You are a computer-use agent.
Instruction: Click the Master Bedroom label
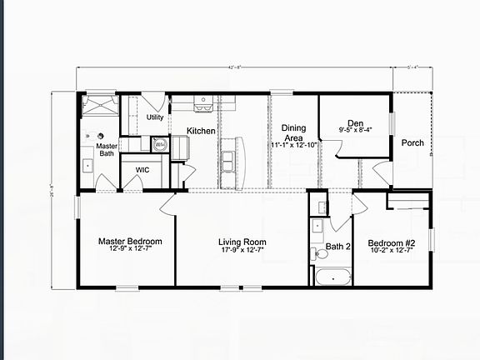click(129, 242)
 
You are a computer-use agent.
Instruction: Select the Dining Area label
click(293, 132)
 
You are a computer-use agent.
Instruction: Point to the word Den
click(355, 122)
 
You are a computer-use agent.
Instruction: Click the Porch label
click(412, 142)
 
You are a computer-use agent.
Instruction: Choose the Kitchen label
click(201, 131)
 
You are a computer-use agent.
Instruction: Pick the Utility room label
click(155, 117)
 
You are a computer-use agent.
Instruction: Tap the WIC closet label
click(142, 169)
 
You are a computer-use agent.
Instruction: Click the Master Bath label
click(106, 149)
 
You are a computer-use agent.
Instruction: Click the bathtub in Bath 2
click(332, 276)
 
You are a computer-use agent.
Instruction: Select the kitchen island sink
click(229, 156)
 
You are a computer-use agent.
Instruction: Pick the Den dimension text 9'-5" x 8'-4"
click(356, 130)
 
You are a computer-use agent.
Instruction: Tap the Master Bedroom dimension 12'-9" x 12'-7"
click(129, 249)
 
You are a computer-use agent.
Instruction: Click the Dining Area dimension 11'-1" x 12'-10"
click(293, 145)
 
